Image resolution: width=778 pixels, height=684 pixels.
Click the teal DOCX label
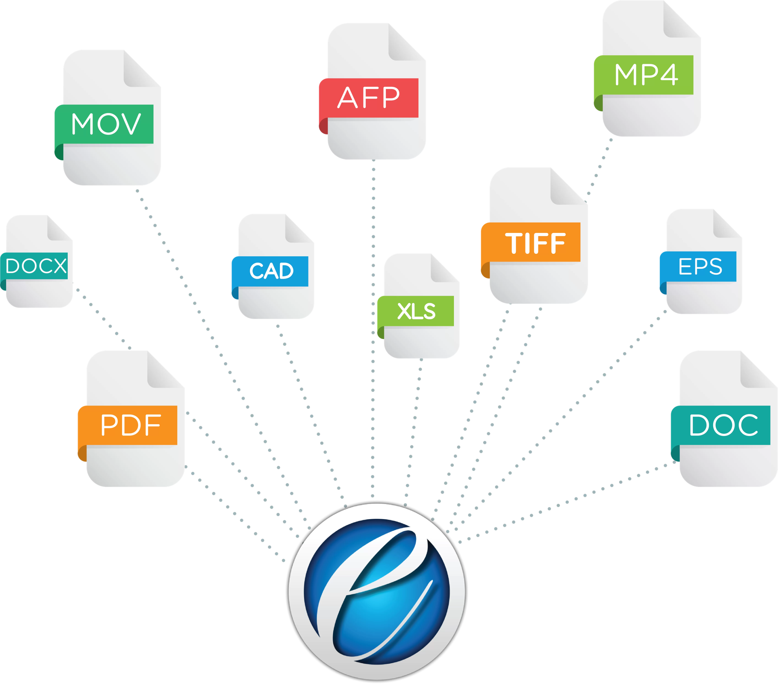[36, 265]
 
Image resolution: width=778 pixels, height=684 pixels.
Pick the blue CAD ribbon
[271, 271]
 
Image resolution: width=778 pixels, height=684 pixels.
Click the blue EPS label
[700, 266]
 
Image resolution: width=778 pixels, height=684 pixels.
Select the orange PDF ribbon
[129, 425]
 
